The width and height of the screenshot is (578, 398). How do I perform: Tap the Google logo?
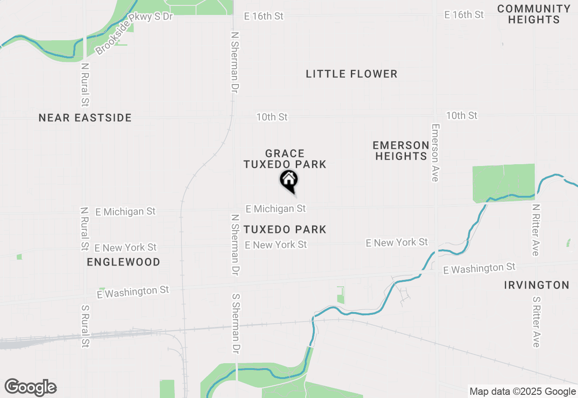pos(30,388)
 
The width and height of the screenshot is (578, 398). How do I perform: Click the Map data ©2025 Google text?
pos(522,392)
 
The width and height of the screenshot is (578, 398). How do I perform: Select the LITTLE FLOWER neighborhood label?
pos(351,74)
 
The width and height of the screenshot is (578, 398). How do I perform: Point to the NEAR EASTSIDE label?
pos(85,118)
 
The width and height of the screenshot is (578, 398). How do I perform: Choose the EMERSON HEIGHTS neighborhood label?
pos(401,151)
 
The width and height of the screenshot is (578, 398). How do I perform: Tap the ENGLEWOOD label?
pos(123,262)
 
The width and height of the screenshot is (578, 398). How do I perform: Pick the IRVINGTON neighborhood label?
pos(536,285)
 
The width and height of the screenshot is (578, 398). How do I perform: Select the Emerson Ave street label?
pos(435,153)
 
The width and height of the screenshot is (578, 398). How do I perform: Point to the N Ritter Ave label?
pos(536,230)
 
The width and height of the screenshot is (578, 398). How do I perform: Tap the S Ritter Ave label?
pos(536,322)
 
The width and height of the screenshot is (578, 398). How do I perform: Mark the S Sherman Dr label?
pos(236,323)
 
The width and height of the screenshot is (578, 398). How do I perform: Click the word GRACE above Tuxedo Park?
pos(284,154)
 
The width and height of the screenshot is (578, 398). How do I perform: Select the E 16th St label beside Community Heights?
pos(464,15)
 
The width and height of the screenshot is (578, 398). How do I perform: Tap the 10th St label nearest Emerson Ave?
pos(461,116)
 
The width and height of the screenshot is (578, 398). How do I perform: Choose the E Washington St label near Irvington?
pos(479,269)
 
